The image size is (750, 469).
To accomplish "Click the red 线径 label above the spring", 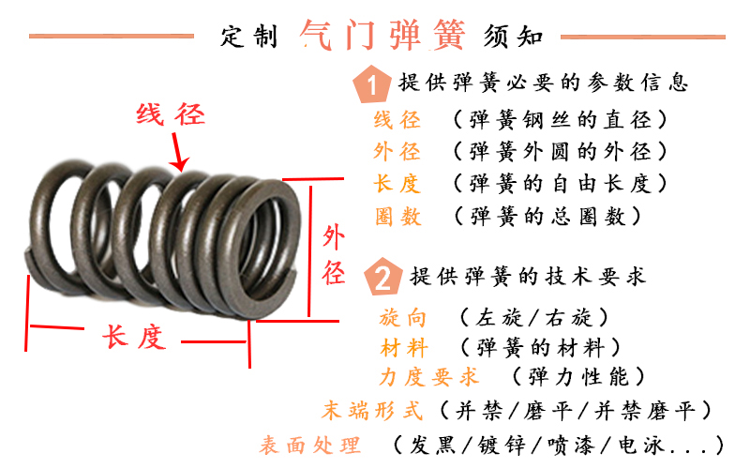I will tap(170, 115).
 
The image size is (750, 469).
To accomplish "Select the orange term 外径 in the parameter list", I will tap(397, 152).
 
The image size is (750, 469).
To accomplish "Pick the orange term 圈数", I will tap(397, 217).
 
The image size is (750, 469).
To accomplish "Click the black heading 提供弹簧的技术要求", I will tap(528, 278).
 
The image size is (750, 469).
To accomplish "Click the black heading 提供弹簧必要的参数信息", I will tap(544, 83).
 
